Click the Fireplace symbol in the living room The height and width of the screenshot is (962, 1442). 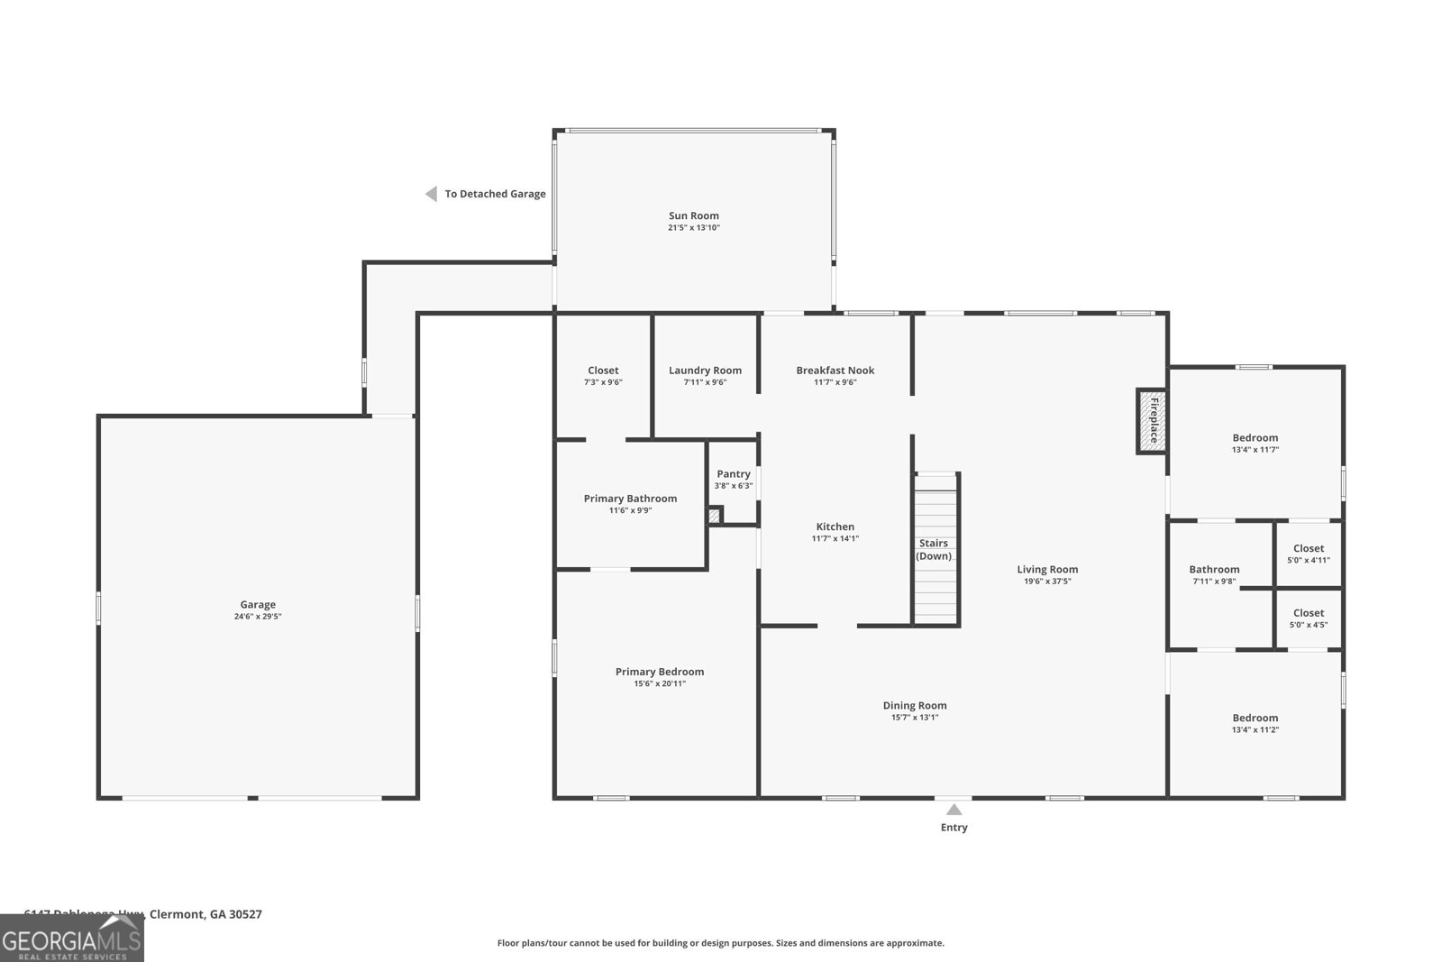click(x=1151, y=421)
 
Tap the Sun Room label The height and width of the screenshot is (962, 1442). click(x=693, y=215)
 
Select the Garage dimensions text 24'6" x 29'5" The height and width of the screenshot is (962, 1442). click(x=258, y=617)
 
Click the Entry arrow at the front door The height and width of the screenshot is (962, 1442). click(x=954, y=810)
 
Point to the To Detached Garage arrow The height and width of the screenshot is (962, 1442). click(x=432, y=194)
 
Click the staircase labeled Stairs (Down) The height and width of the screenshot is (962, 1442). click(x=935, y=550)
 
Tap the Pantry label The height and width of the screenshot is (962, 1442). click(x=733, y=474)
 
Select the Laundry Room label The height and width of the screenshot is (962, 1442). click(x=705, y=371)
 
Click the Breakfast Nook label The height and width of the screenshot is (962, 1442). click(x=835, y=371)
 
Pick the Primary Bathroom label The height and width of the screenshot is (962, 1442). click(x=630, y=499)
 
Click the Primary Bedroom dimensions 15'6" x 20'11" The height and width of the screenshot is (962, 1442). click(x=660, y=683)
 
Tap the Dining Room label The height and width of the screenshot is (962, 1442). click(x=914, y=706)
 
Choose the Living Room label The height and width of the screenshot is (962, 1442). click(x=1047, y=569)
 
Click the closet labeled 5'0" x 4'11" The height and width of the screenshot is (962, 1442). click(x=1308, y=554)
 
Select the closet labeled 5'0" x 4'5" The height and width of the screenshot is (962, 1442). click(x=1308, y=618)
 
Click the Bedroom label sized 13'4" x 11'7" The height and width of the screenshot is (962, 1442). click(x=1255, y=438)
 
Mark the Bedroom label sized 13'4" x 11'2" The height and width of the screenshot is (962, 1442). click(x=1255, y=719)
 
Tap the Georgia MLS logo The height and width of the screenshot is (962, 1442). click(x=72, y=939)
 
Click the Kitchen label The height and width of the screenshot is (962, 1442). click(x=835, y=527)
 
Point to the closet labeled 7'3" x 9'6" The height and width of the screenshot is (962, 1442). click(x=603, y=375)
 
